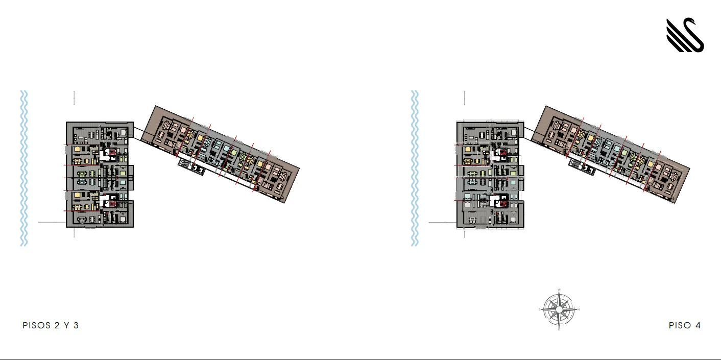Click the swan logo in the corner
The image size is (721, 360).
[685, 36]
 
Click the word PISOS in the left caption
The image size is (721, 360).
[36, 325]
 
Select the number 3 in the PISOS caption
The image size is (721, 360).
[76, 325]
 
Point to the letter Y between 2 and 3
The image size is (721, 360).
[66, 325]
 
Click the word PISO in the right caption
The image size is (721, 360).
[680, 325]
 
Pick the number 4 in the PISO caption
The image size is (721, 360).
[698, 325]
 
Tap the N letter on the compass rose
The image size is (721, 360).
[579, 309]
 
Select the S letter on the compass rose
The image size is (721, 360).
[540, 309]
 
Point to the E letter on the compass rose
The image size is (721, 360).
[559, 329]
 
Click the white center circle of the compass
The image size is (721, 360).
[559, 309]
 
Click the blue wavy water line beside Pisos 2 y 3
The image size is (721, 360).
[23, 169]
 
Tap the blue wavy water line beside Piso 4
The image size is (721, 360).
[415, 169]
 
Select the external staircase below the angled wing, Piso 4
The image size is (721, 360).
[583, 167]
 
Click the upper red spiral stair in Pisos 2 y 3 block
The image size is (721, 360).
[112, 152]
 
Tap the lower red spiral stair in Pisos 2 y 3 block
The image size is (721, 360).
[112, 203]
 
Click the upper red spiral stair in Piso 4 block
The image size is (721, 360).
[503, 152]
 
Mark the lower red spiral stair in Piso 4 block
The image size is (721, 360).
[503, 203]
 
